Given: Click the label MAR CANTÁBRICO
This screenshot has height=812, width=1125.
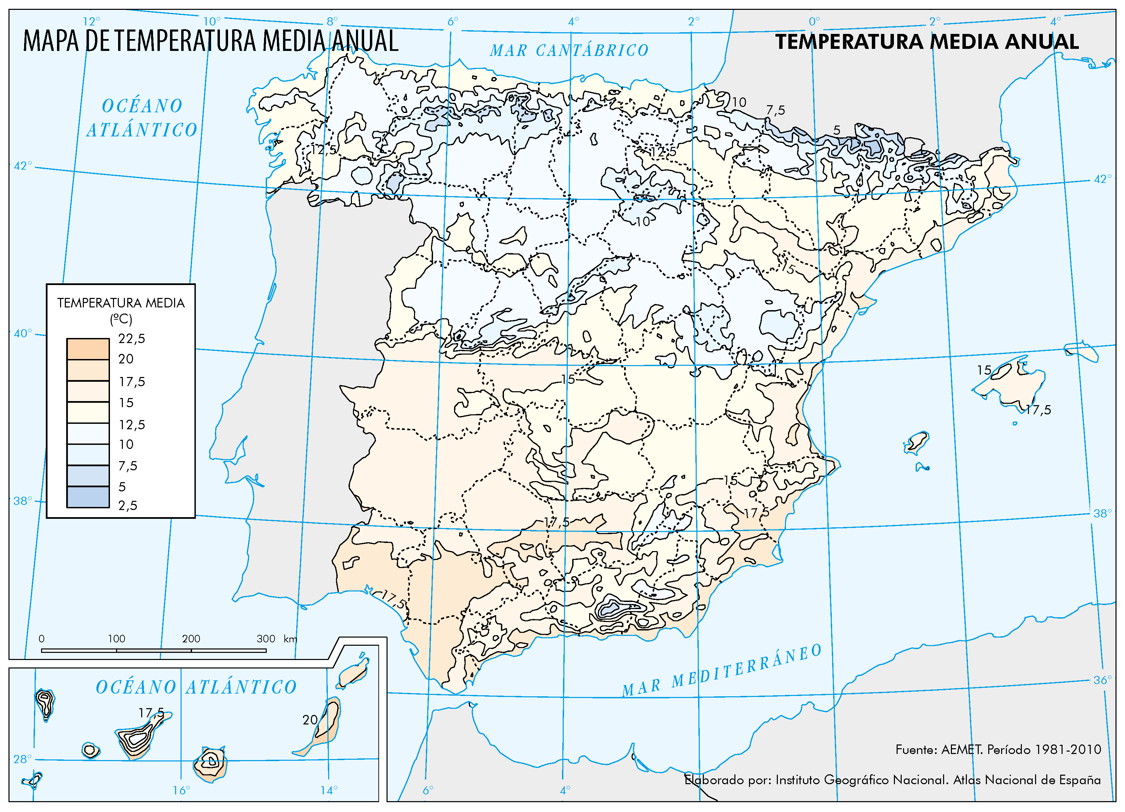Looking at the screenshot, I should pos(569,50).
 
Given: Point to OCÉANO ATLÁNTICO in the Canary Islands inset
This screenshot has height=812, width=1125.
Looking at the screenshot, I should pos(196,687).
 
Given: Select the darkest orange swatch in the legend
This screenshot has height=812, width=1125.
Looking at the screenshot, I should pos(88,349).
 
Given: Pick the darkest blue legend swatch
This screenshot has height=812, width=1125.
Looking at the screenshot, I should pos(88,496).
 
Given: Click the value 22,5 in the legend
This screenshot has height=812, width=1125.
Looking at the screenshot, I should pos(131,339).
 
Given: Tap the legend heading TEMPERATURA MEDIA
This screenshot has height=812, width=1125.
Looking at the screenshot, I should pos(120,303).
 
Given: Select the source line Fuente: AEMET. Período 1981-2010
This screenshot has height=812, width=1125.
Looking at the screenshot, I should pos(998,750).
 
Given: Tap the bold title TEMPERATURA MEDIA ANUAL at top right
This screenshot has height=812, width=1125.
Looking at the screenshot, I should pos(926,42).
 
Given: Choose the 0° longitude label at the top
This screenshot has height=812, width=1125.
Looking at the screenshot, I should pos(814,21).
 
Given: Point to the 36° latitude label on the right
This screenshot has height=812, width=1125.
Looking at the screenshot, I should pos(1103,680).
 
